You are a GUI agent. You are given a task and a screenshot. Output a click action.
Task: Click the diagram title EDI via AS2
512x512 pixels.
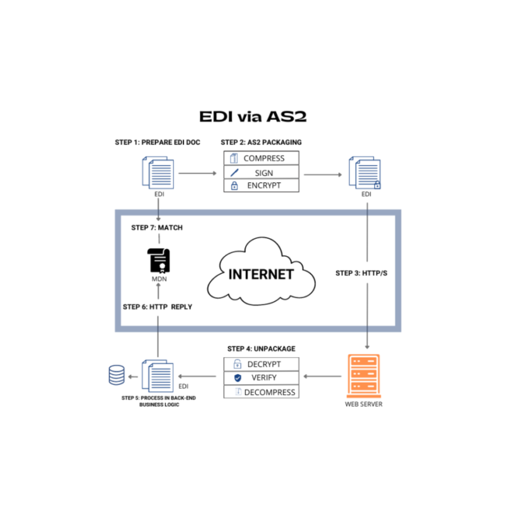[x=252, y=116]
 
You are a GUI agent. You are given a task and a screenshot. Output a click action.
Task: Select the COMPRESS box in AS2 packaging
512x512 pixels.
[x=261, y=158]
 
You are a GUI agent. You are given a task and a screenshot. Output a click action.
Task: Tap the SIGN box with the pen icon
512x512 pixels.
[x=261, y=172]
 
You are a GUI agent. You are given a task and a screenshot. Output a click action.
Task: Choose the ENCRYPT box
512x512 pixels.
[x=261, y=185]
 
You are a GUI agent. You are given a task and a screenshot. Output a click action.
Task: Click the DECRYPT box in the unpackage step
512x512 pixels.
[x=261, y=364]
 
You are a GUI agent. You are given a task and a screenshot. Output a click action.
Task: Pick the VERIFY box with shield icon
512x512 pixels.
[x=261, y=377]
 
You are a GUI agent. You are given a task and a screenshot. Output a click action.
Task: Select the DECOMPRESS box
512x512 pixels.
[x=261, y=392]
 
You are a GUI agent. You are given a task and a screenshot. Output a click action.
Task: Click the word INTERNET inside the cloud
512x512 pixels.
[x=260, y=274]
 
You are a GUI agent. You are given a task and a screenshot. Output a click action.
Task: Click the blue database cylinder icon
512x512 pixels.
[x=116, y=375]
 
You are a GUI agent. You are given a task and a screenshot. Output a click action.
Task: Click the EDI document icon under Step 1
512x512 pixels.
[x=158, y=172]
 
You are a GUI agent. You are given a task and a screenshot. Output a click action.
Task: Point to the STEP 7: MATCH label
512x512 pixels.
[x=157, y=227]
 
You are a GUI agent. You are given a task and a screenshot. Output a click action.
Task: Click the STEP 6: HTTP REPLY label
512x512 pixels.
[x=157, y=306]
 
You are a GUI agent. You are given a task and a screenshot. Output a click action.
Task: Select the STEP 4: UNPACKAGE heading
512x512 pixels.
[x=261, y=348]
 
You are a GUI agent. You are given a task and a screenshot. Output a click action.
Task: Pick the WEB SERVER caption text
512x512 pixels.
[x=363, y=404]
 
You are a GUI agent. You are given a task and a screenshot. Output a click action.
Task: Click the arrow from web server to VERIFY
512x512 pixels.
[x=322, y=376]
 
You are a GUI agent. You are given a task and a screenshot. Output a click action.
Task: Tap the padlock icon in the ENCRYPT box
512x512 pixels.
[x=234, y=186]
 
